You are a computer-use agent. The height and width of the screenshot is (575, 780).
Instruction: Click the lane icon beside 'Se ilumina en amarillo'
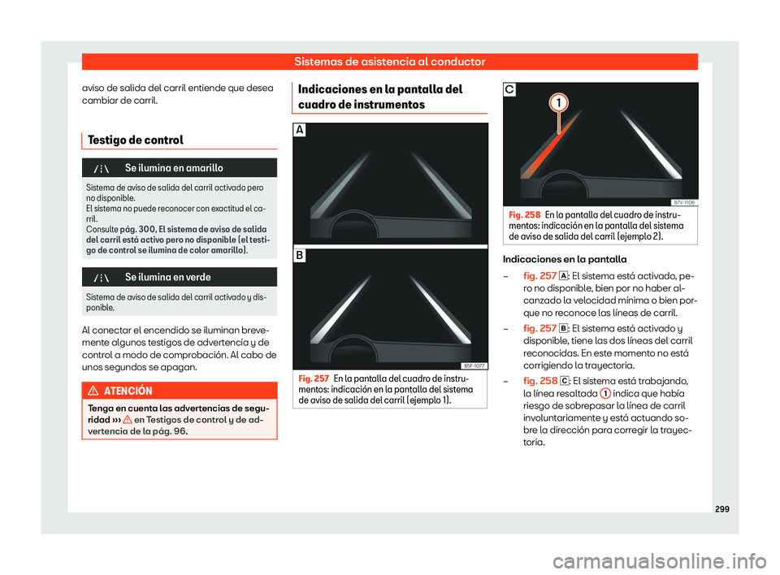pos(102,168)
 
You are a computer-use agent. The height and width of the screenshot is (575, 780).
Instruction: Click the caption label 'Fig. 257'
pos(314,379)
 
